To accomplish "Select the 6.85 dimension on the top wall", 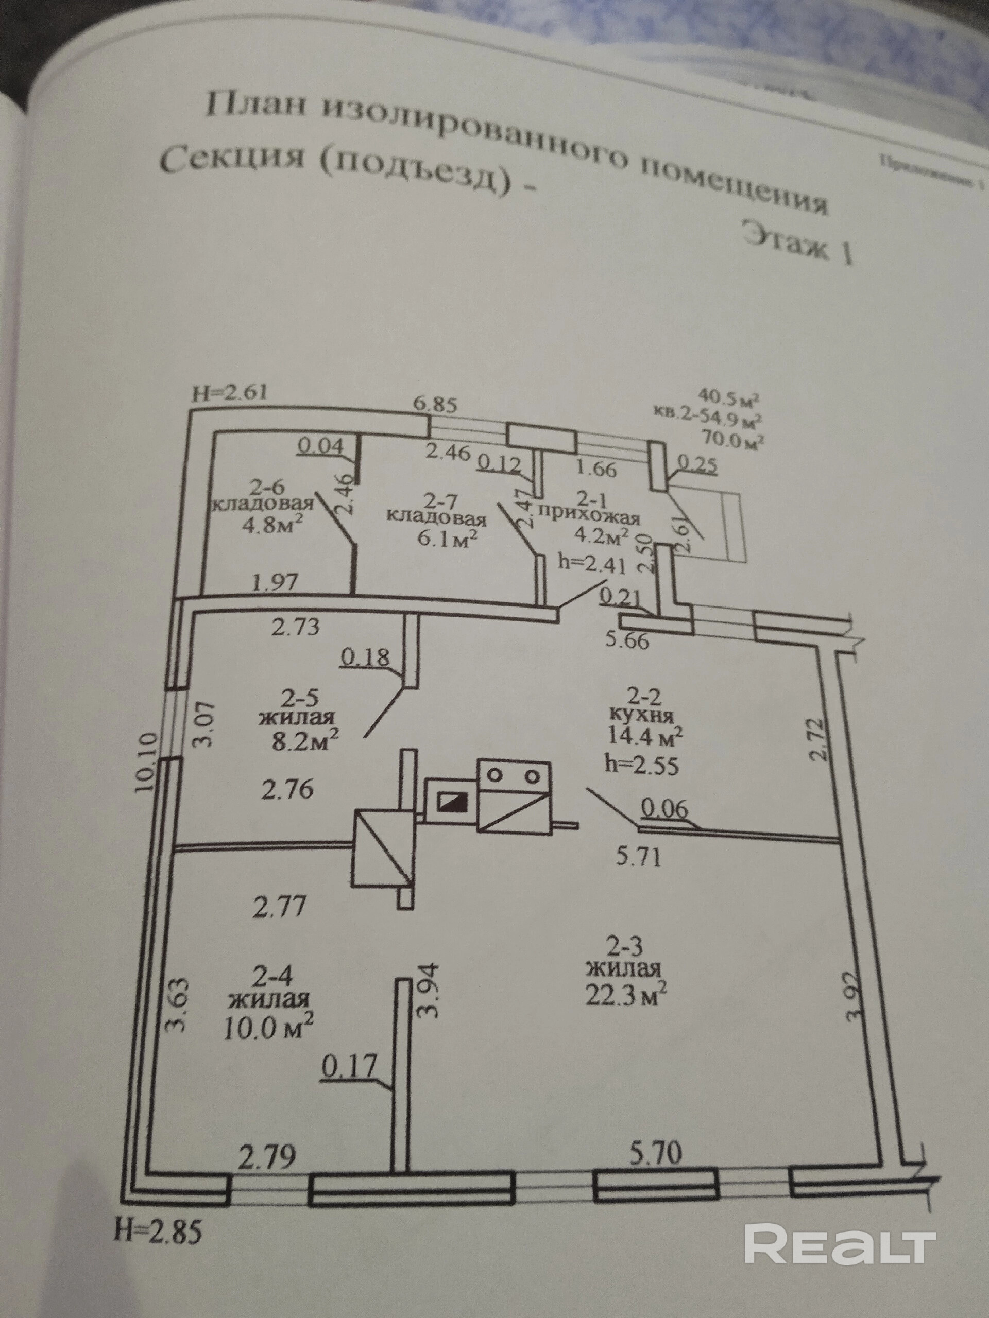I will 435,405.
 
